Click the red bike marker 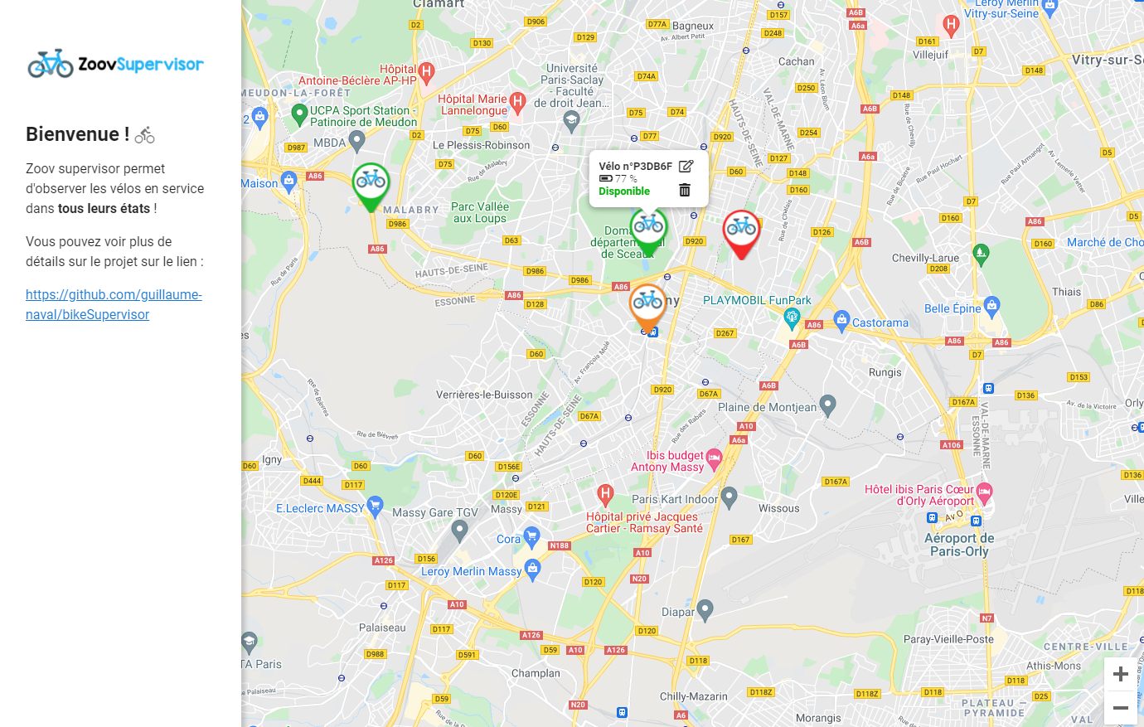pyautogui.click(x=741, y=229)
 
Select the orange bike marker pyautogui.click(x=647, y=303)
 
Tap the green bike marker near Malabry pyautogui.click(x=371, y=182)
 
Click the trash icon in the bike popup pyautogui.click(x=685, y=191)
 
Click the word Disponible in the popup pyautogui.click(x=624, y=191)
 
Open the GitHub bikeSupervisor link pyautogui.click(x=114, y=304)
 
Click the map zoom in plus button pyautogui.click(x=1120, y=674)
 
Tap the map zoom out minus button pyautogui.click(x=1120, y=708)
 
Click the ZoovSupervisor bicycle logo pyautogui.click(x=51, y=64)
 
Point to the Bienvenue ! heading pyautogui.click(x=78, y=134)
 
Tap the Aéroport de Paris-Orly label pyautogui.click(x=959, y=545)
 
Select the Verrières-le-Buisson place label pyautogui.click(x=484, y=395)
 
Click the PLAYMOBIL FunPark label pyautogui.click(x=757, y=300)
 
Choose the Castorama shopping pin pyautogui.click(x=842, y=319)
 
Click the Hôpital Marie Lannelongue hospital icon pyautogui.click(x=518, y=102)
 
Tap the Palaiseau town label pyautogui.click(x=382, y=628)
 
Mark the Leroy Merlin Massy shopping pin pyautogui.click(x=533, y=569)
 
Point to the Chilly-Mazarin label pyautogui.click(x=693, y=696)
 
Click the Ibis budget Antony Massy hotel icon pyautogui.click(x=714, y=458)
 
